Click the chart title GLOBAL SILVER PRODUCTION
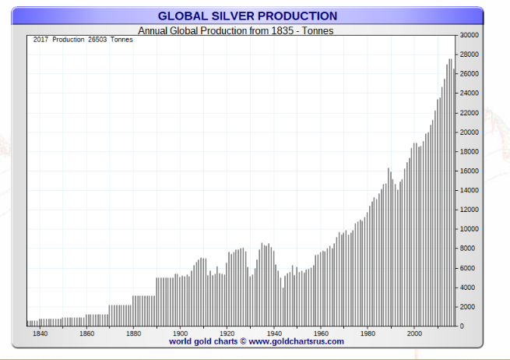(x=248, y=16)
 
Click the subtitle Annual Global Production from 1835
(x=217, y=30)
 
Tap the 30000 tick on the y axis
(x=470, y=35)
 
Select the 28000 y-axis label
(x=470, y=55)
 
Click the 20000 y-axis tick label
(x=470, y=132)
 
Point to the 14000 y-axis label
(x=470, y=190)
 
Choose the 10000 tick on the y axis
(x=470, y=229)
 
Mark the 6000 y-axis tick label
(x=468, y=268)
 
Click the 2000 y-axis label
(x=468, y=307)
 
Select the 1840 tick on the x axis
(x=40, y=334)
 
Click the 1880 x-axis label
(x=133, y=334)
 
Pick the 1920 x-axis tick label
(x=227, y=334)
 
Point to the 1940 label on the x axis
(x=274, y=334)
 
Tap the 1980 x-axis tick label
(x=368, y=334)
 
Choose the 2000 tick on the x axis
(x=415, y=334)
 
